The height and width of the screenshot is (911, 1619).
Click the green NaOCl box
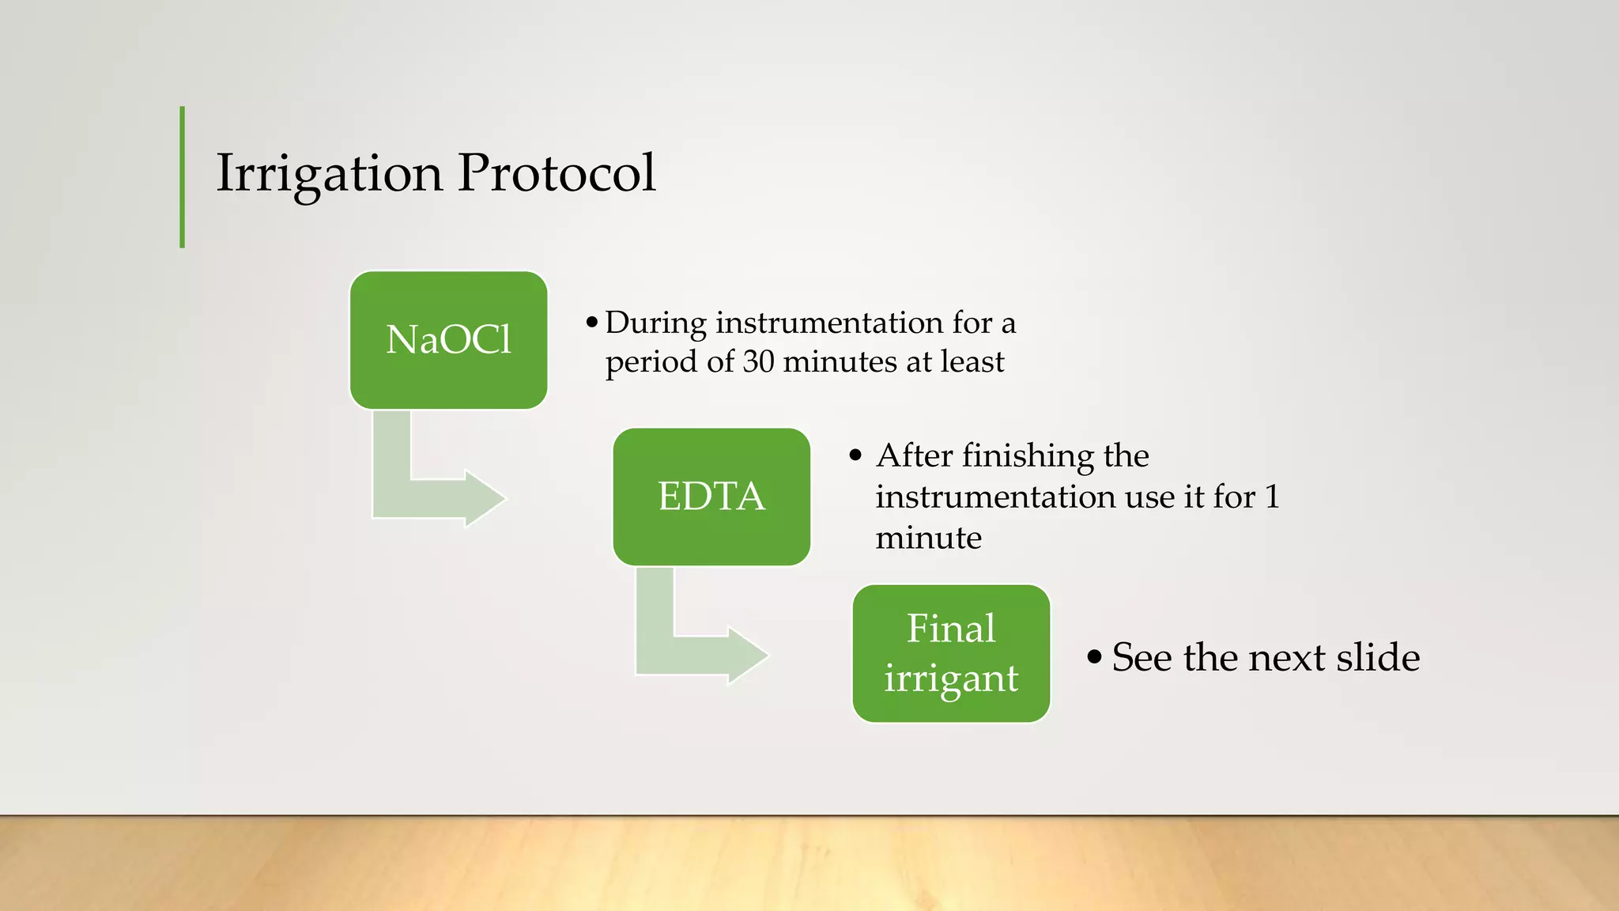[448, 340]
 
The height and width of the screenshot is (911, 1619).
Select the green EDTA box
[711, 497]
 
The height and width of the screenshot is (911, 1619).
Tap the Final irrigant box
[951, 653]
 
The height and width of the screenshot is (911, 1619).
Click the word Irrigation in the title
[329, 173]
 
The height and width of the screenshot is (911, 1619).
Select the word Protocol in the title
[557, 173]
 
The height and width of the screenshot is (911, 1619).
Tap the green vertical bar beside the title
[183, 177]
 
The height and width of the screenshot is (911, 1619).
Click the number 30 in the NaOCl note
[758, 362]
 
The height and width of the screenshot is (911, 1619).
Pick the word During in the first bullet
[655, 323]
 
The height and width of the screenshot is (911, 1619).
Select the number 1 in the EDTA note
[1272, 497]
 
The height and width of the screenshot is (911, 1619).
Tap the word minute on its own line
[928, 539]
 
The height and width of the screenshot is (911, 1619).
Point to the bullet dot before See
[1094, 657]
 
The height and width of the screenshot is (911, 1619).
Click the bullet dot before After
[855, 456]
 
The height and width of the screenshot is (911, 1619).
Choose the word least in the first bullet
[972, 362]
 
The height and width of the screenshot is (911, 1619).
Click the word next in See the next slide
[1286, 658]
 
